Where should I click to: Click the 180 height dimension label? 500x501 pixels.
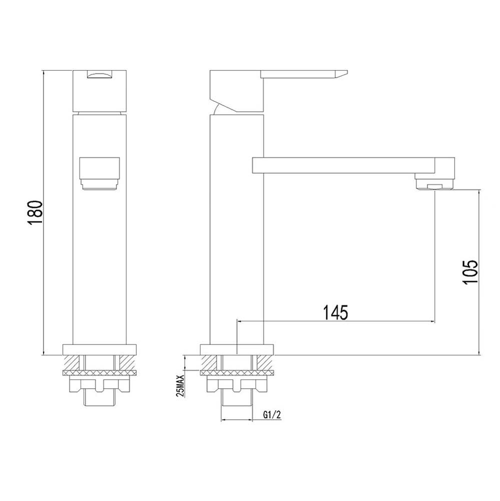click(x=35, y=213)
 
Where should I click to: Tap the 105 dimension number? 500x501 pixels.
click(x=470, y=271)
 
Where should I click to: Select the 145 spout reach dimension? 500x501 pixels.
click(x=335, y=312)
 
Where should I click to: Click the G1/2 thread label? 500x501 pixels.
click(x=272, y=415)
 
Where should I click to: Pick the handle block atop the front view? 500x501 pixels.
click(x=100, y=91)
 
